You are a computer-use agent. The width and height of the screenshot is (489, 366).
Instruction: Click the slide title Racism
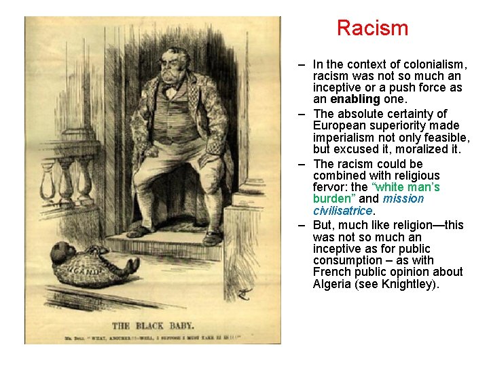coord(372,28)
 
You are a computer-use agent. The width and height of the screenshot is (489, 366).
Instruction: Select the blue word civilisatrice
coord(343,211)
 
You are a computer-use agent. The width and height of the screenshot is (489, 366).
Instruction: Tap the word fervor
coord(329,187)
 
